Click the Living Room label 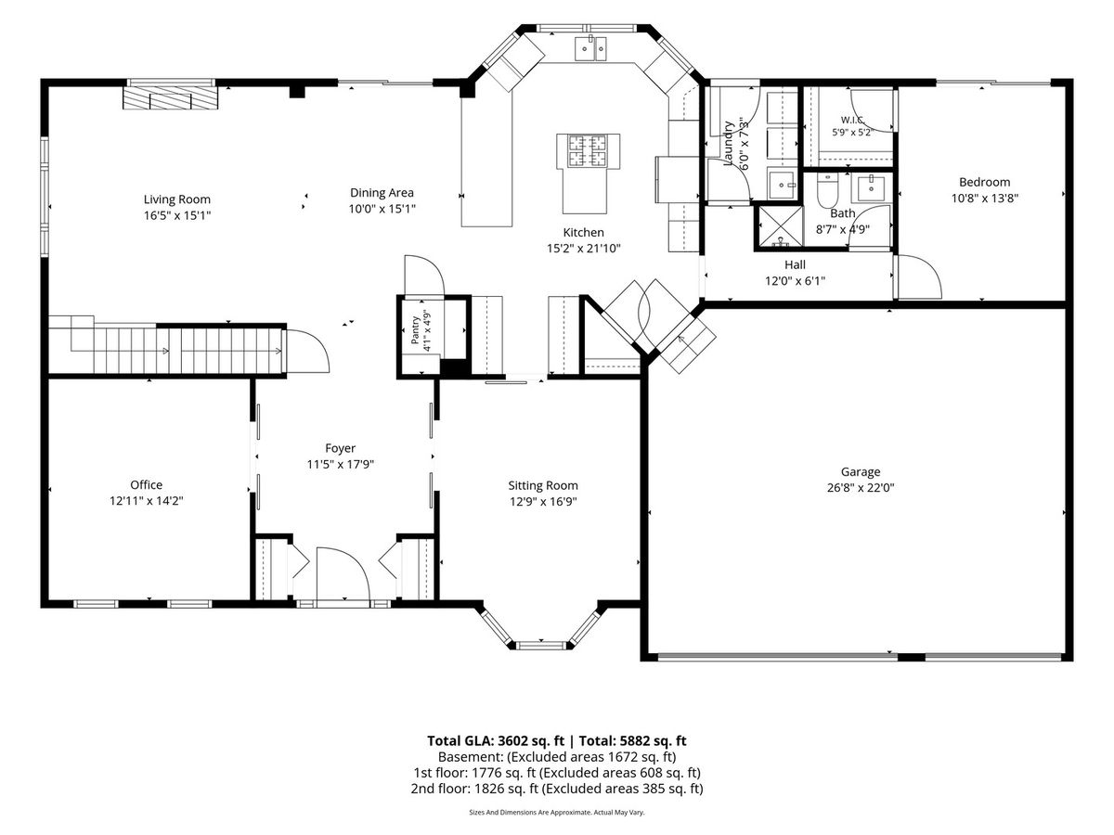176,199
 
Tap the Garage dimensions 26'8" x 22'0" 861,488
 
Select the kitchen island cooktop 588,150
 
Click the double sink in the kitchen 590,49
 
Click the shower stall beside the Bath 781,227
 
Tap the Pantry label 416,330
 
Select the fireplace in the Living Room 171,97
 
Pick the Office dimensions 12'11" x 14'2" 146,501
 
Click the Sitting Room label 543,485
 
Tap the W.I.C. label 852,121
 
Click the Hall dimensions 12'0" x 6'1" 796,281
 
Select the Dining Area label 382,193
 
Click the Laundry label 728,144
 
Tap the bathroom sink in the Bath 871,188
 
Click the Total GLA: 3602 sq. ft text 496,741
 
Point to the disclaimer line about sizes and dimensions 557,813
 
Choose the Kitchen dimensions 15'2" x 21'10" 584,249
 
